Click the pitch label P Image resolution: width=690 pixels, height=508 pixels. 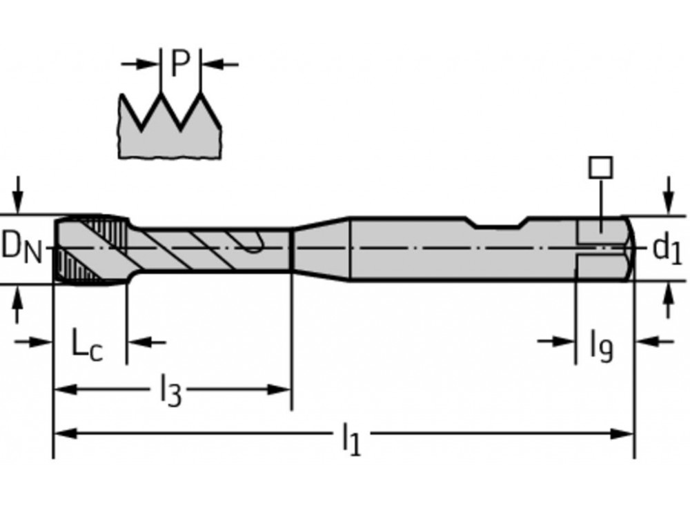(x=180, y=64)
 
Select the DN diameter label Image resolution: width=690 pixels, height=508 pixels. (x=21, y=247)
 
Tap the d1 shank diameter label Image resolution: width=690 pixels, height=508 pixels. (x=667, y=248)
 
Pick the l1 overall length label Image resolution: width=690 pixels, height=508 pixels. (x=352, y=440)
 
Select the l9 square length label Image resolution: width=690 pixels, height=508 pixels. (x=600, y=345)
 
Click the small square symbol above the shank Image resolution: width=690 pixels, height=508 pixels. (x=601, y=168)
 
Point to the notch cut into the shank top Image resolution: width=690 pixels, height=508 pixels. (x=497, y=222)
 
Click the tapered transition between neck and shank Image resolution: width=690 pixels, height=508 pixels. (x=322, y=248)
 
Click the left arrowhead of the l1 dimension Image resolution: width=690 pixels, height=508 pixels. (x=62, y=433)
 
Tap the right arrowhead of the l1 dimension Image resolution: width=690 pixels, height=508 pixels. (x=625, y=433)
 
